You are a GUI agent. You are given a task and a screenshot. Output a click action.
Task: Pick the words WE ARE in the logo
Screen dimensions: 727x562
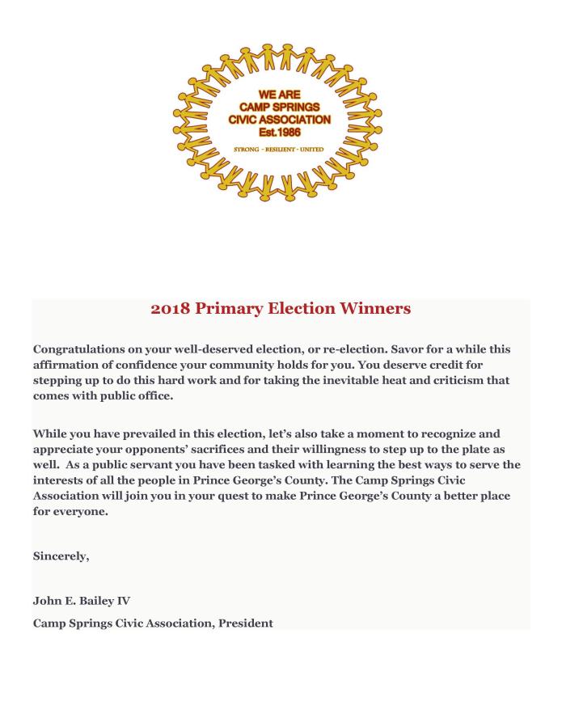tap(279, 95)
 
